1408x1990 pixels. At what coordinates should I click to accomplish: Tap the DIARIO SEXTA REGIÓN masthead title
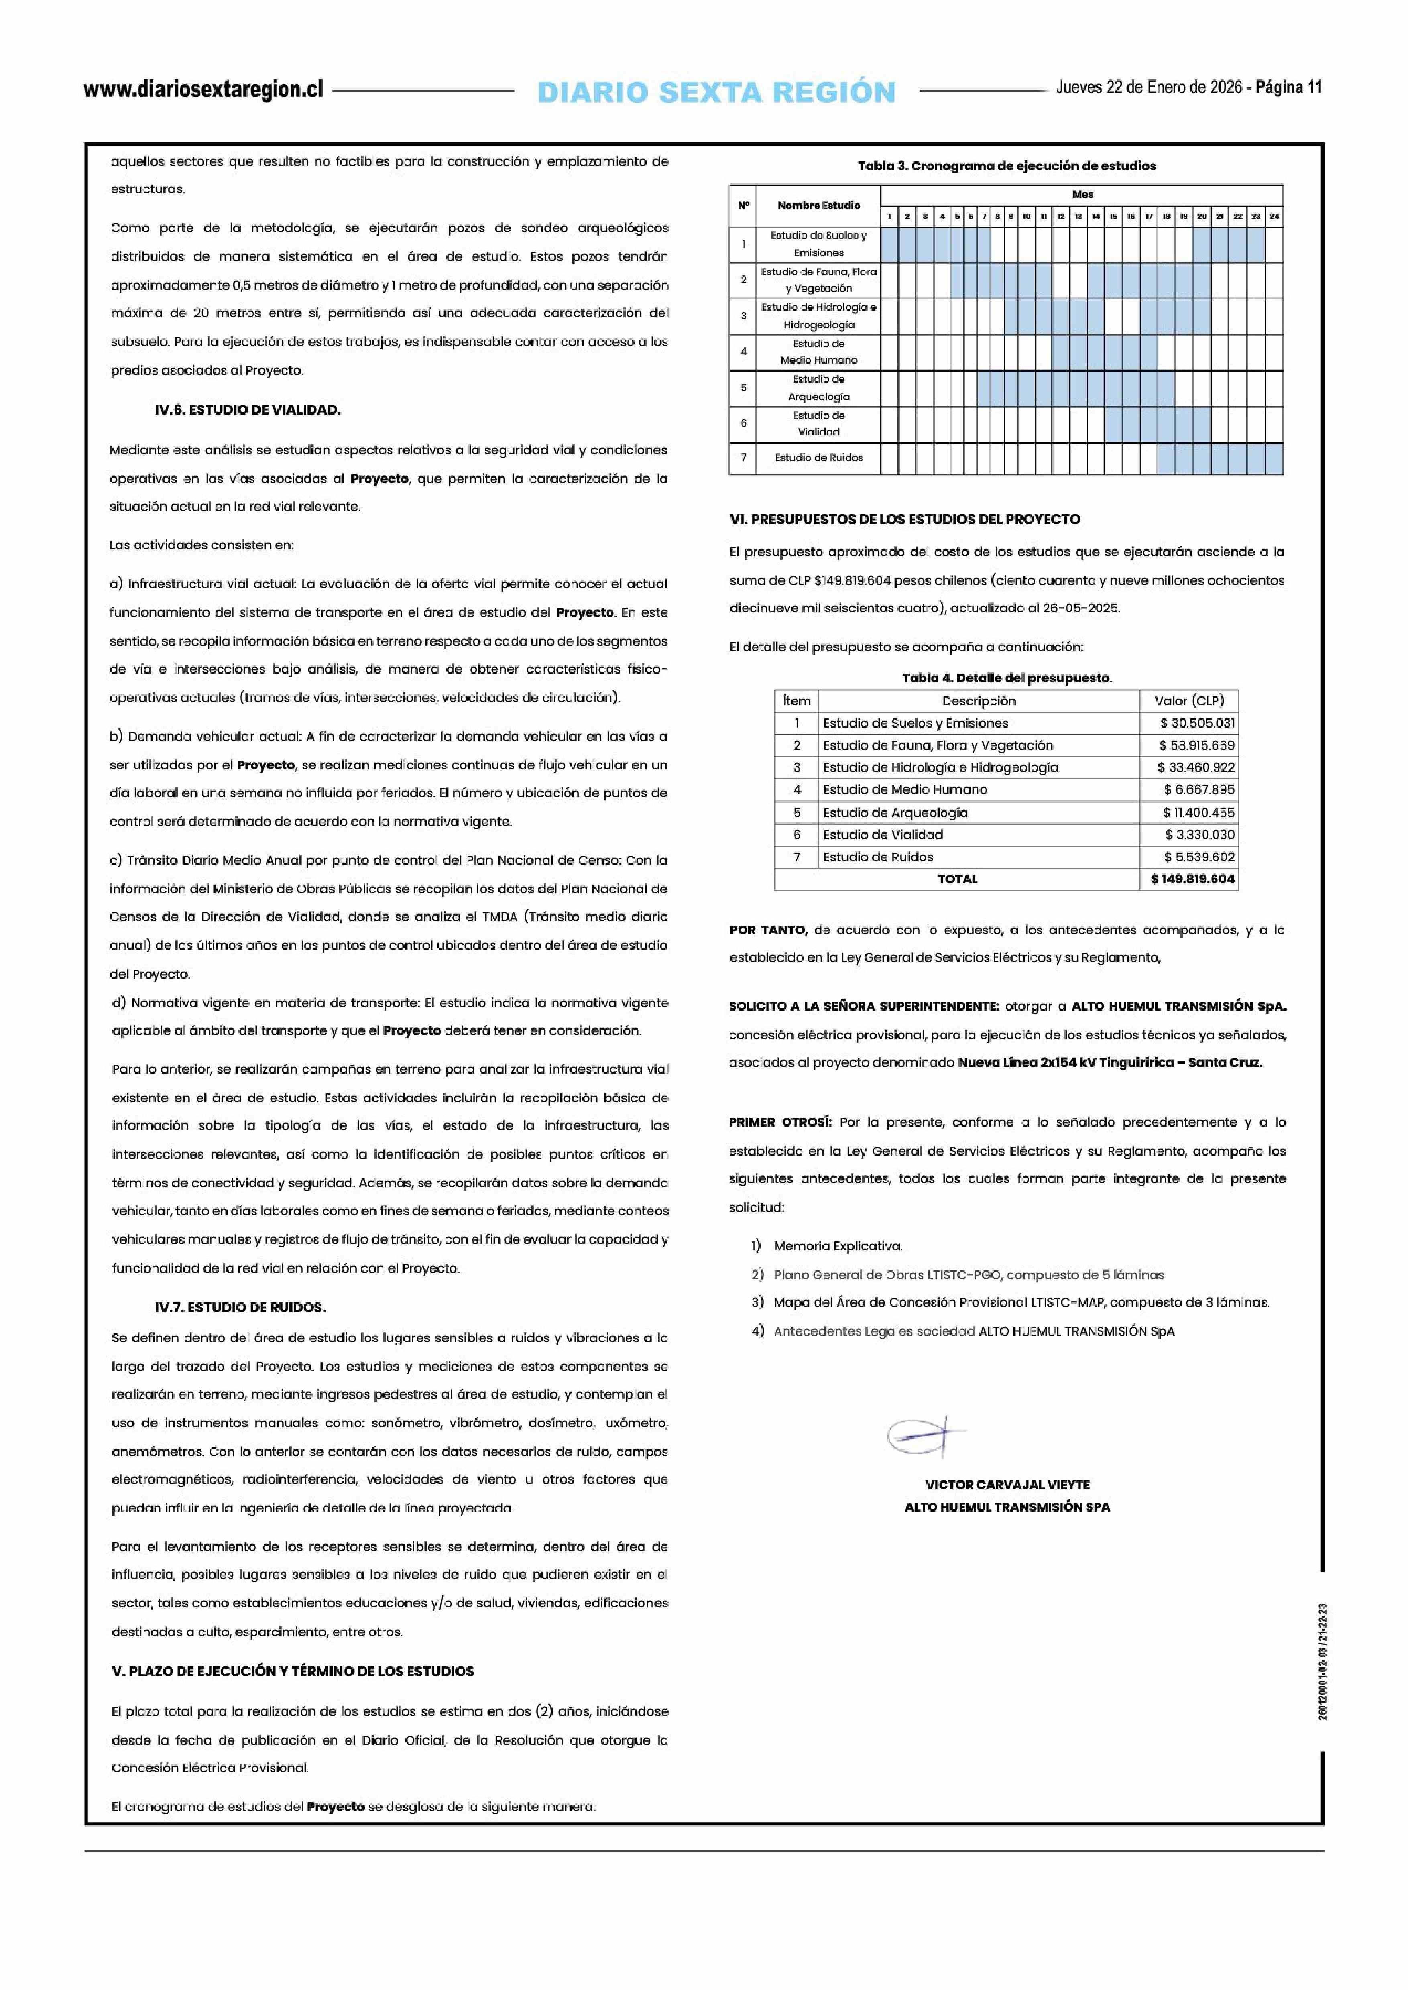point(716,92)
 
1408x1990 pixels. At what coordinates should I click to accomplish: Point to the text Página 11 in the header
point(1288,87)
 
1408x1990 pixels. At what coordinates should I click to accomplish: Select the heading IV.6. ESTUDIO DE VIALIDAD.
point(247,410)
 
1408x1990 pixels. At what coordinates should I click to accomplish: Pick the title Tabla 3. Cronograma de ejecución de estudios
point(1007,166)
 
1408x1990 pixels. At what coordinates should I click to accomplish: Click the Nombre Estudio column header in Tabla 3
point(818,206)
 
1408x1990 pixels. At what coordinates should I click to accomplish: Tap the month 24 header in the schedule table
point(1274,216)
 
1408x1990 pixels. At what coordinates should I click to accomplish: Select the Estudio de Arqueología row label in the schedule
point(818,388)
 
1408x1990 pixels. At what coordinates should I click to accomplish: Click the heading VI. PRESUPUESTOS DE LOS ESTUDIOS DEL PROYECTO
point(904,519)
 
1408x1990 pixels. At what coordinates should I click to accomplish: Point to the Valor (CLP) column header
point(1188,701)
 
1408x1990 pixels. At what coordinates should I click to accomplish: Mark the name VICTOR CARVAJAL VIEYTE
point(1007,1485)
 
